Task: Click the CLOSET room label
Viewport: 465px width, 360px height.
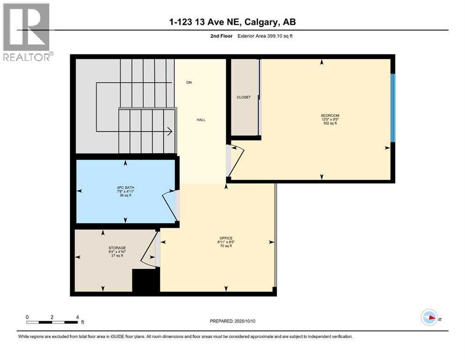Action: (244, 97)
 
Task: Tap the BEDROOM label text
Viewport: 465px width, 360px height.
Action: (330, 116)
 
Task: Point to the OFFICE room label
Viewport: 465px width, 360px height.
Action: (226, 238)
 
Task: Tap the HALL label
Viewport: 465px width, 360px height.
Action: (201, 120)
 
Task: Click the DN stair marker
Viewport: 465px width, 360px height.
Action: (189, 82)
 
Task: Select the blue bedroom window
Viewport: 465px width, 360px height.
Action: (393, 108)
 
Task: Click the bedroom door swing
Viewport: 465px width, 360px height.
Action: (236, 161)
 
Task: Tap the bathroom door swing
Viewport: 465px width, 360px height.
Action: (169, 205)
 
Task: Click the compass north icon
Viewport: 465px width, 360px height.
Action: (429, 318)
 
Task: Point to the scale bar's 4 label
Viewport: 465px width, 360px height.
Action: (77, 316)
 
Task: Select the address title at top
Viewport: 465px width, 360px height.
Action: (232, 22)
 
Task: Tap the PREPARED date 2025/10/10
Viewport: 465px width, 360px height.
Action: (233, 321)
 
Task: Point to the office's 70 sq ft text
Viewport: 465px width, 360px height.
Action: (226, 246)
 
